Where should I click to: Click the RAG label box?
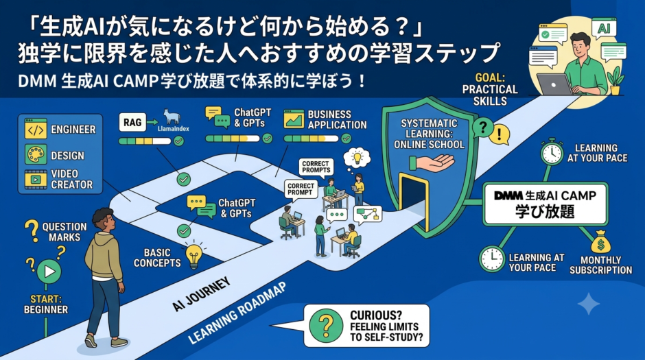132,122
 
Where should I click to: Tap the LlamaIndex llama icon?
172,117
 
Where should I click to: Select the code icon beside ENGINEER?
36,129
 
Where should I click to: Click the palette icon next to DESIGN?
36,154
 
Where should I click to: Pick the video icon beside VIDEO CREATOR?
36,180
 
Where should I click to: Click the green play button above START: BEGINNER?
49,272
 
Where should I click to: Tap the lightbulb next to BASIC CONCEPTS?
193,256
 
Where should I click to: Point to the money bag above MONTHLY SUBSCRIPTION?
601,243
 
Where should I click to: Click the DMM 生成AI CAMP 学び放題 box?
545,204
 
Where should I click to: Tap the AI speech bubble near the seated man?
604,28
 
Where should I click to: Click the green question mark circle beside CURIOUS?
326,326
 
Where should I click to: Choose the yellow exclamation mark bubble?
500,134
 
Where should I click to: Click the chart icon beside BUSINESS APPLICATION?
294,119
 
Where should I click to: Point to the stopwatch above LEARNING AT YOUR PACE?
552,152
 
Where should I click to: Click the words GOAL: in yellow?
489,77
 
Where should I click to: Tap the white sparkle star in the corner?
589,304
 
